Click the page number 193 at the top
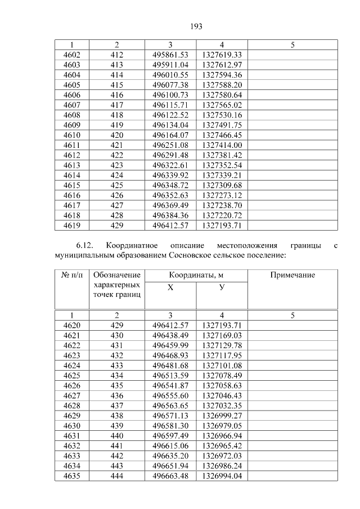tap(196, 26)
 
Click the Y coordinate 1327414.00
tap(222, 145)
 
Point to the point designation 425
tap(116, 185)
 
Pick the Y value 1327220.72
tap(222, 215)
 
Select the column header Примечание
tap(292, 275)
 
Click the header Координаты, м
tap(196, 275)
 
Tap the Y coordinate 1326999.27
tap(222, 416)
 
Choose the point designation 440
tap(116, 436)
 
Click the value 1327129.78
tap(222, 345)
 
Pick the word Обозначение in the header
tap(116, 275)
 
